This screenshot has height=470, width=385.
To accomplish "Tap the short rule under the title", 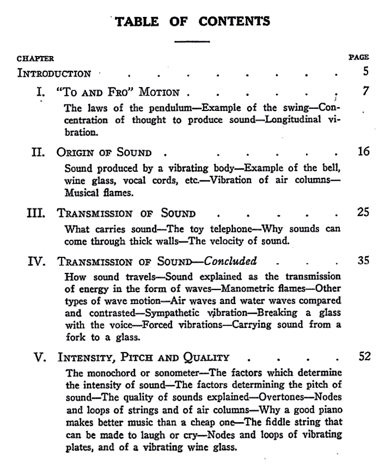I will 192,41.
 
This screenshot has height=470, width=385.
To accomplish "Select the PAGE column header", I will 358,57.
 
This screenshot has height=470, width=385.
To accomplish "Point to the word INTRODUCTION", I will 54,73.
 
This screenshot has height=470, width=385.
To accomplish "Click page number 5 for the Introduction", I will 365,71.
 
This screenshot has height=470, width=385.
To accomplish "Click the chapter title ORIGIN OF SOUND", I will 104,152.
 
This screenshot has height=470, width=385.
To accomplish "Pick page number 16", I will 363,151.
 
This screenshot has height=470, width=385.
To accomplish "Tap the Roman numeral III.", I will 37,213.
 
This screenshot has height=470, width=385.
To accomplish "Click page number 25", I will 363,212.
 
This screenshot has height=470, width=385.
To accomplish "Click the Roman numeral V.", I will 40,358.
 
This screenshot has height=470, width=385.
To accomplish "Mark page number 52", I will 363,356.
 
